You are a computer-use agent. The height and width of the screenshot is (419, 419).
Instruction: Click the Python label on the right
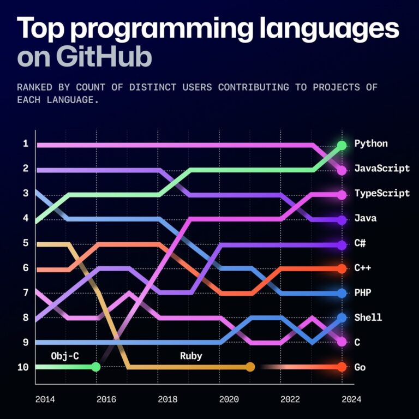(x=371, y=144)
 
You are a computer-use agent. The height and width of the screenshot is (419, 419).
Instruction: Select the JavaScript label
(x=381, y=169)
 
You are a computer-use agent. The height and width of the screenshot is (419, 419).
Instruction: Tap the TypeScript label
(x=381, y=194)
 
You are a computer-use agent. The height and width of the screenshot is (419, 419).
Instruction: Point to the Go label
(x=360, y=367)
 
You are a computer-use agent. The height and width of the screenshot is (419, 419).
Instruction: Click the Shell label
(x=368, y=318)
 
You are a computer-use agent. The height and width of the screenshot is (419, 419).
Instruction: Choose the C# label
(x=360, y=243)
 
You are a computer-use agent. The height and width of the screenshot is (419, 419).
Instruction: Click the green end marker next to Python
(x=342, y=145)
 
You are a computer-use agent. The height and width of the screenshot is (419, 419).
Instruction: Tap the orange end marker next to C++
(x=342, y=268)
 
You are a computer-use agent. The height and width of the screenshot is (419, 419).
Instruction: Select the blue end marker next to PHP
(x=342, y=293)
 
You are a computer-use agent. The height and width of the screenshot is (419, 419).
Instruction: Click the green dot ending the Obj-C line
(x=95, y=367)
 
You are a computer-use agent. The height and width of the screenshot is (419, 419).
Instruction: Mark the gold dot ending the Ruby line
(x=250, y=367)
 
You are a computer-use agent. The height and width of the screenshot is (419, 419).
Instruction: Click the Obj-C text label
(x=64, y=356)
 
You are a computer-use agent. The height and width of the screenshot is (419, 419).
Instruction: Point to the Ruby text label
(x=191, y=356)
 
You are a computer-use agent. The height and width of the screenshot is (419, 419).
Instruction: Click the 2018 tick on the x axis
(x=167, y=399)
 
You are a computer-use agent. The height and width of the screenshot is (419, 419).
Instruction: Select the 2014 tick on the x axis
(x=45, y=399)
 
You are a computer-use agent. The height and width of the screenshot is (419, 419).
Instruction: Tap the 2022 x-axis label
(x=290, y=399)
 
